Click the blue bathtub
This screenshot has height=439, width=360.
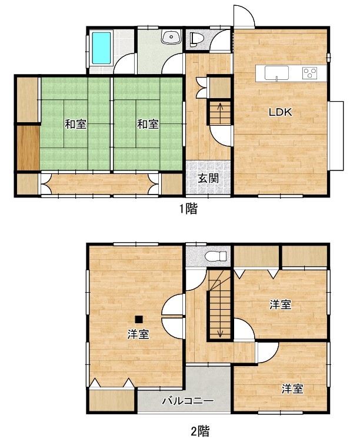tap(101, 48)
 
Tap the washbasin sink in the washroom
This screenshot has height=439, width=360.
tap(171, 37)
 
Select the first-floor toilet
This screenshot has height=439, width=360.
tap(195, 39)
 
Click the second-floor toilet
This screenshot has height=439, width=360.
tap(216, 256)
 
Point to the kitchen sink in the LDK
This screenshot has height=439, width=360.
tap(276, 73)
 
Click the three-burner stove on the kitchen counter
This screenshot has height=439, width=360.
tap(309, 73)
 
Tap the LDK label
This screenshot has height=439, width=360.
tap(281, 112)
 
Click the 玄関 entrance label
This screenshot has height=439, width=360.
tap(208, 178)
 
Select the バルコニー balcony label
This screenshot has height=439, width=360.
tap(188, 401)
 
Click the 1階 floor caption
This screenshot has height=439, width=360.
tap(189, 209)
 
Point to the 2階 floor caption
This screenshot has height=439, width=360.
tap(200, 431)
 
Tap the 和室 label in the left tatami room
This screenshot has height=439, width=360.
tap(76, 124)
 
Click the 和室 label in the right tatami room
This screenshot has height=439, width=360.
tap(148, 124)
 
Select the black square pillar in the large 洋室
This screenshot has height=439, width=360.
tap(139, 319)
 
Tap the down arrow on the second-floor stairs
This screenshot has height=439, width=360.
tap(220, 328)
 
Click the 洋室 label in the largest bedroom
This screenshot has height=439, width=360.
tap(138, 334)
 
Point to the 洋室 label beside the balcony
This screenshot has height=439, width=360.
tap(292, 388)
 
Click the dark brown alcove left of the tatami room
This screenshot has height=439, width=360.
tap(28, 148)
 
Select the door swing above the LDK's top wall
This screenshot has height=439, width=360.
tap(244, 16)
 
